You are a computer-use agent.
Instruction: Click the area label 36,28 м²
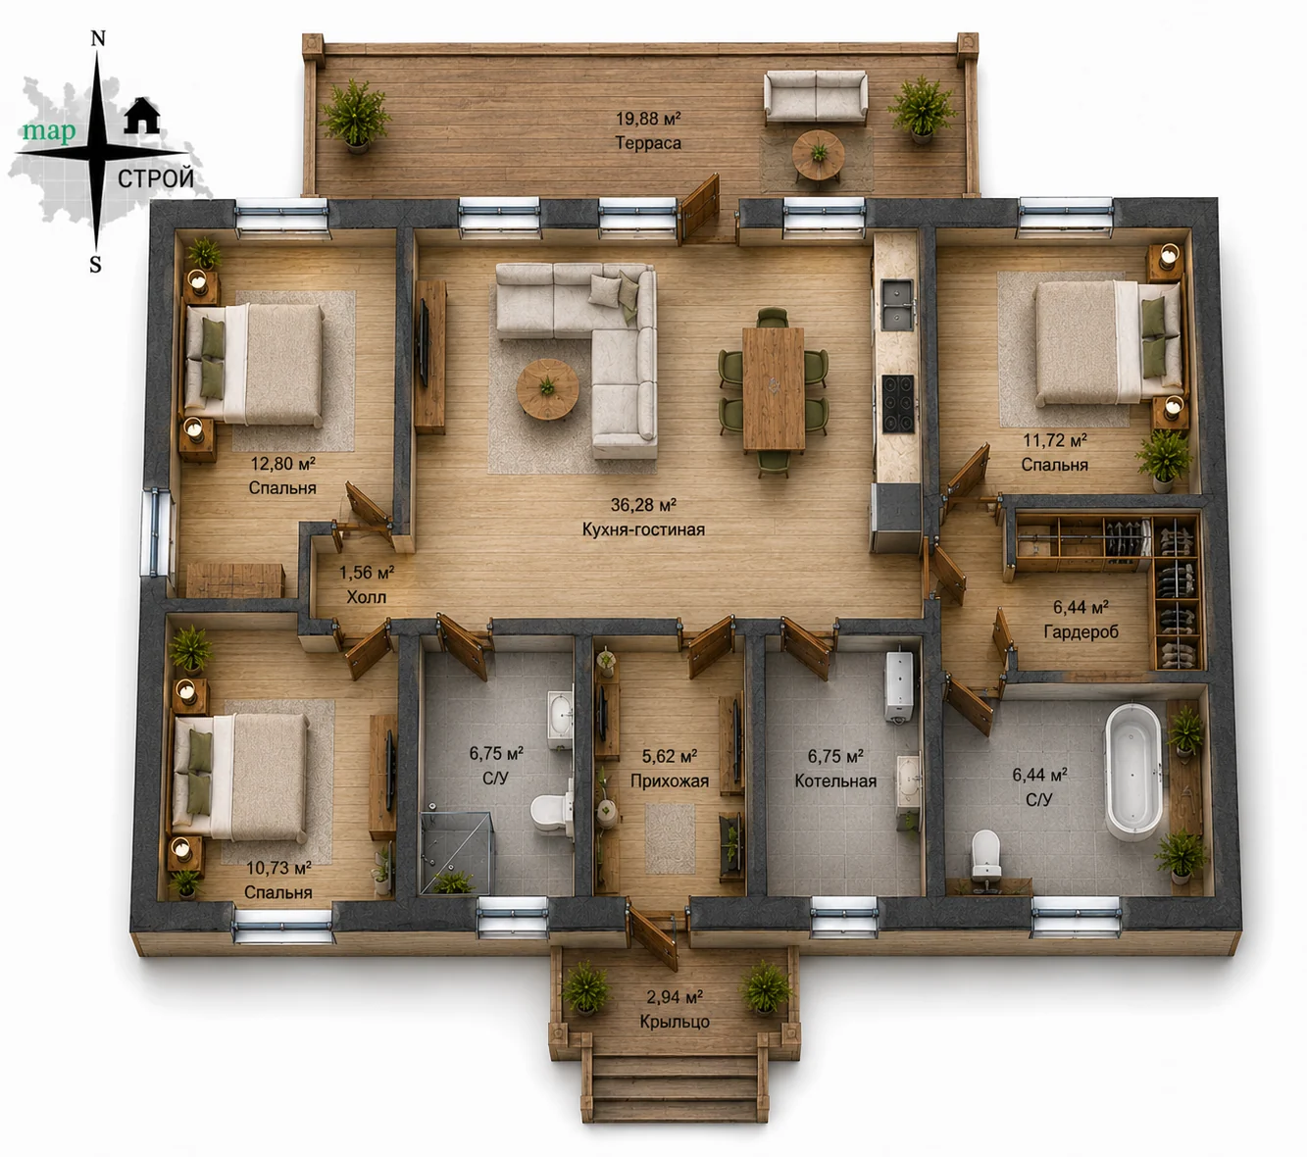pyautogui.click(x=643, y=505)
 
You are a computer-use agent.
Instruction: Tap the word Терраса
pyautogui.click(x=648, y=143)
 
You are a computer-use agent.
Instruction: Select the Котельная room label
pyautogui.click(x=835, y=781)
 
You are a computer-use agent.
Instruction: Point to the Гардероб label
pyautogui.click(x=1081, y=631)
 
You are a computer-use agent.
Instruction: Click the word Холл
pyautogui.click(x=367, y=597)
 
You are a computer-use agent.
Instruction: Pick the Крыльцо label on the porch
pyautogui.click(x=675, y=1022)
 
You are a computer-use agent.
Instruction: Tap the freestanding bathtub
pyautogui.click(x=1133, y=771)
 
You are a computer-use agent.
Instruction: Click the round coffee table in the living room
pyautogui.click(x=547, y=388)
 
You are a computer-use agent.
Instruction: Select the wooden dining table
pyautogui.click(x=774, y=388)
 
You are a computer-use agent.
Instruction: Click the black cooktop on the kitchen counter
pyautogui.click(x=898, y=403)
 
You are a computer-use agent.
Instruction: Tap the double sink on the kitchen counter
pyautogui.click(x=897, y=305)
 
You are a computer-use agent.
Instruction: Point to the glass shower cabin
pyautogui.click(x=456, y=852)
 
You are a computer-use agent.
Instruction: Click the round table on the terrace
pyautogui.click(x=818, y=155)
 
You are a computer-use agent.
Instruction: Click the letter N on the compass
pyautogui.click(x=98, y=39)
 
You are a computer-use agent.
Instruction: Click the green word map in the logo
pyautogui.click(x=49, y=131)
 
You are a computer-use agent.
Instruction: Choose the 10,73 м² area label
pyautogui.click(x=278, y=868)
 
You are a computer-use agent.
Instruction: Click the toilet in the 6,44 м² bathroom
pyautogui.click(x=985, y=854)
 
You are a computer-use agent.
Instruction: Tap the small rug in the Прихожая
pyautogui.click(x=670, y=838)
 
